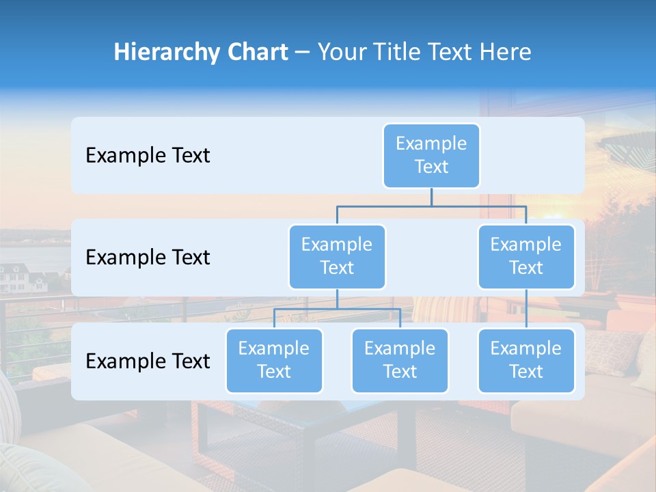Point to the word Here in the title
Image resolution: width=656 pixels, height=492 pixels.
tap(506, 53)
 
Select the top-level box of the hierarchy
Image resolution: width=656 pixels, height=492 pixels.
tap(431, 156)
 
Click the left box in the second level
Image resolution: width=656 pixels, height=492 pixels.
tap(337, 256)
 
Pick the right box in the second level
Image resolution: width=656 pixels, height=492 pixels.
tap(526, 256)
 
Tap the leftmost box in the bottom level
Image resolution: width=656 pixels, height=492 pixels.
tap(274, 360)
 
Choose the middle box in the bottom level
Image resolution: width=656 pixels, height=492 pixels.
tap(400, 360)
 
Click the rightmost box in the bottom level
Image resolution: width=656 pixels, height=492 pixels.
tap(526, 360)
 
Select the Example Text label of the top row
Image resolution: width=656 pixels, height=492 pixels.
tap(148, 156)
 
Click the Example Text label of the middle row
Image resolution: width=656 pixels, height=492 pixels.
tap(148, 258)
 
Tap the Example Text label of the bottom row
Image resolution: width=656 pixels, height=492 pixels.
tap(148, 361)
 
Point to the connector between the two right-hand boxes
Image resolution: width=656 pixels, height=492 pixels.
tap(526, 308)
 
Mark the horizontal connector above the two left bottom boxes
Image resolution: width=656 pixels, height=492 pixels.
tap(337, 309)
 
